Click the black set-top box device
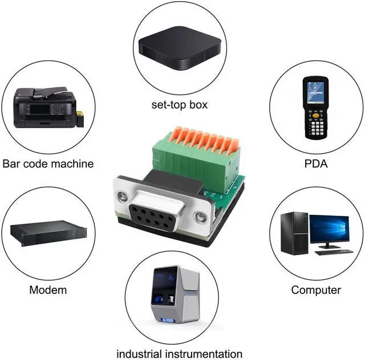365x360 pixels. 180,48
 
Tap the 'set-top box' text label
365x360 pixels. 180,105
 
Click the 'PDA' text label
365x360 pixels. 315,163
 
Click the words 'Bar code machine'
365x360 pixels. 48,163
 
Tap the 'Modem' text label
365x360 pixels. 48,289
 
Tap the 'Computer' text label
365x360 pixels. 316,289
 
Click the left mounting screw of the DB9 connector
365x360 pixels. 123,198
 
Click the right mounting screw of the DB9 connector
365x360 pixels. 200,216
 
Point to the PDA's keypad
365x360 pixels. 315,122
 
